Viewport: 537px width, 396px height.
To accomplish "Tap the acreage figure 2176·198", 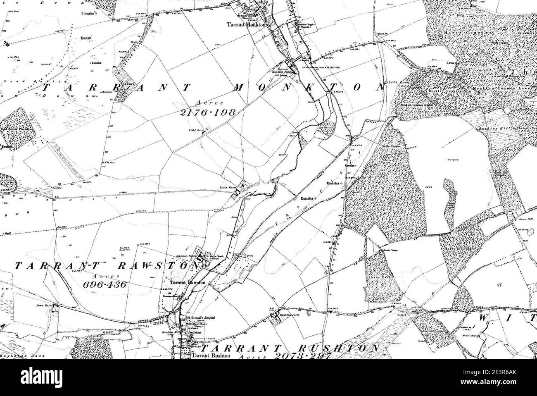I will click(x=208, y=112).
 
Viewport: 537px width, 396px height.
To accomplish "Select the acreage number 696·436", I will click(x=104, y=284).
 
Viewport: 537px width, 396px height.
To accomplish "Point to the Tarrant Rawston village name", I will click(x=188, y=283).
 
